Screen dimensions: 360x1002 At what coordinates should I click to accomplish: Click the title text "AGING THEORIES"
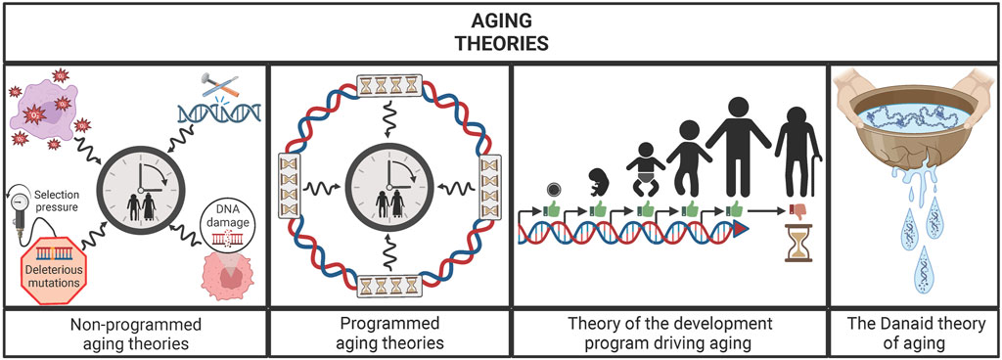point(500,31)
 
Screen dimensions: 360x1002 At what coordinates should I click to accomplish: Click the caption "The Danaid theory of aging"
point(912,332)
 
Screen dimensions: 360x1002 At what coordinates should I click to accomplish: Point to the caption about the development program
point(669,332)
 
